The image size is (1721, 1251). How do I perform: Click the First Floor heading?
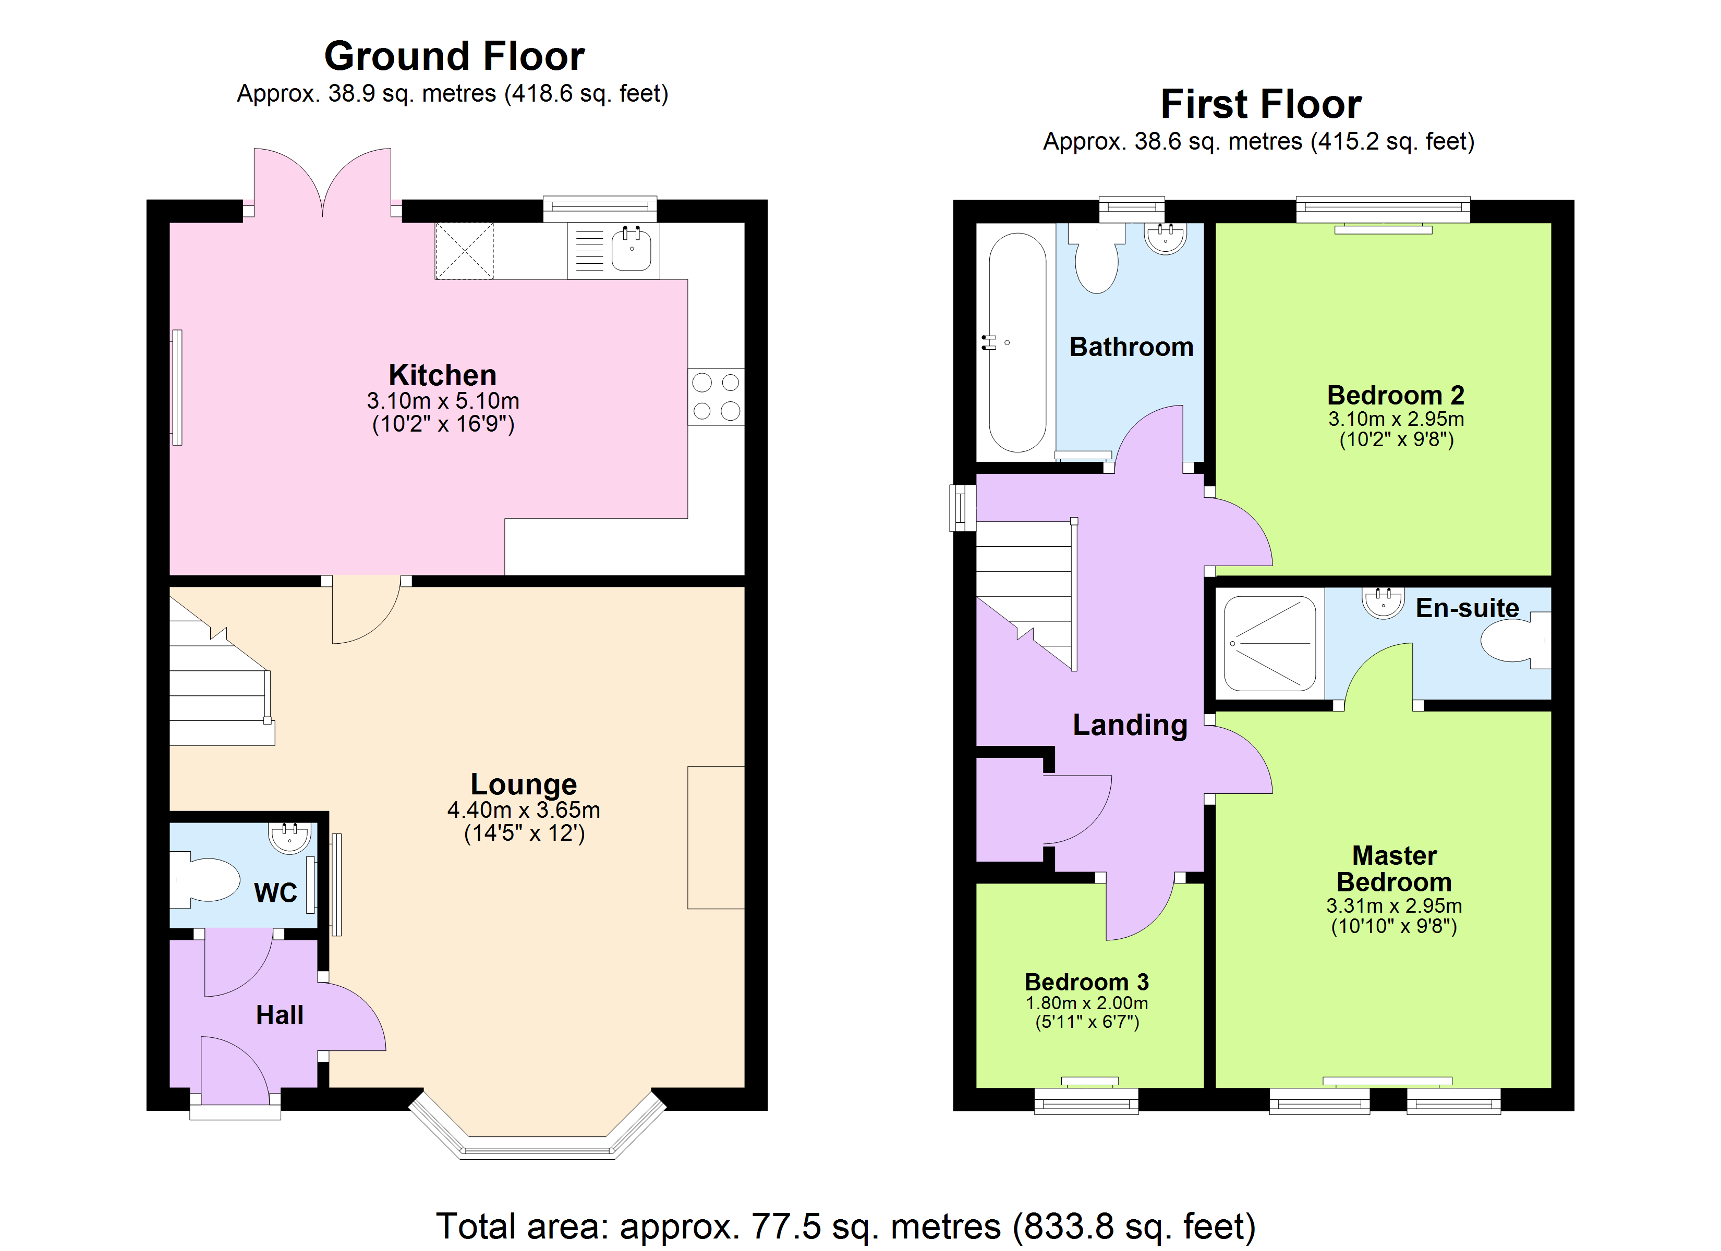click(x=1261, y=104)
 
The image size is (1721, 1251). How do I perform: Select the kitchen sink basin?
click(x=632, y=249)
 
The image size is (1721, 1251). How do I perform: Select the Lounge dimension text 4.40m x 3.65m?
click(x=524, y=810)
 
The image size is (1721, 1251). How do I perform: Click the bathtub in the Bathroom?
click(x=1017, y=343)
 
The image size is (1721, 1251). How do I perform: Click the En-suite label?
click(x=1467, y=608)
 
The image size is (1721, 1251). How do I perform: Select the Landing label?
click(x=1130, y=725)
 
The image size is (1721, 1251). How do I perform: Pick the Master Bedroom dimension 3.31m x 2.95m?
click(x=1394, y=906)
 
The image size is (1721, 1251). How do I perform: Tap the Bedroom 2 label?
click(x=1396, y=395)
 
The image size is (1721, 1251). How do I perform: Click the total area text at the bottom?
click(x=845, y=1227)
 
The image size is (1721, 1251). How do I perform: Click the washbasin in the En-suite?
click(x=1384, y=603)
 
